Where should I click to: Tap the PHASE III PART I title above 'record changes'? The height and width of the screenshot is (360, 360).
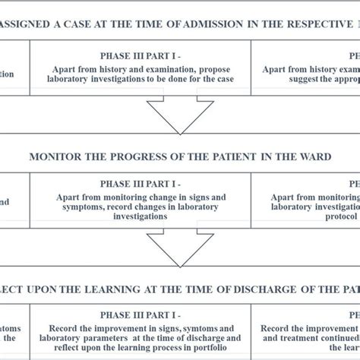pos(141,184)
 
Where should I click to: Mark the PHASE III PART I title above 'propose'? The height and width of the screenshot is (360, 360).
pos(141,55)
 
